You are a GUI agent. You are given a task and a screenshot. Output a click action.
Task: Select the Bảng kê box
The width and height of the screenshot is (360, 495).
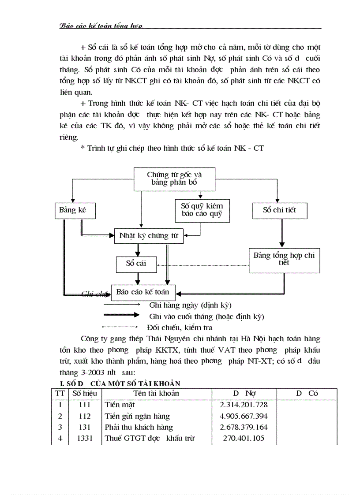point(72,210)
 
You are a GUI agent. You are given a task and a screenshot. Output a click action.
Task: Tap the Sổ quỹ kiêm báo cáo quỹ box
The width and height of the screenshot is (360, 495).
point(202,210)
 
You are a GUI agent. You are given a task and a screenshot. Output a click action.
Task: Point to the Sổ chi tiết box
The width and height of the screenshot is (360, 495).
point(279,210)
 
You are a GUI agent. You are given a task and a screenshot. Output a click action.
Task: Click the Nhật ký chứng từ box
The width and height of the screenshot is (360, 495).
point(149,236)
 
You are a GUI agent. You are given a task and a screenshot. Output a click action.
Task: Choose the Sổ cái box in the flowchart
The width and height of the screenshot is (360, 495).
point(135,264)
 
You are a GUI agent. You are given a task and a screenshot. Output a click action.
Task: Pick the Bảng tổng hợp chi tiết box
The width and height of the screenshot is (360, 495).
point(284,259)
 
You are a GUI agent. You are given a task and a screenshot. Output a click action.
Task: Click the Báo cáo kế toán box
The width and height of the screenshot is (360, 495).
point(143,291)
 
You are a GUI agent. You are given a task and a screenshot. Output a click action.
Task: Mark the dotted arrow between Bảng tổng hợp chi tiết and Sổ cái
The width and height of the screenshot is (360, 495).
point(203,265)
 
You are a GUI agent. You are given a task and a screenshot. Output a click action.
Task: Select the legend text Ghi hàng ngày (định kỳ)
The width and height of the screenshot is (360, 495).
point(190,305)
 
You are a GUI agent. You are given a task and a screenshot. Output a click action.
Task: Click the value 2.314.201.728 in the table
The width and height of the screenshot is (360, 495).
point(244,405)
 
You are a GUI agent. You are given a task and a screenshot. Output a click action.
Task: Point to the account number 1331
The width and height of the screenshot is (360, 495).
point(85,438)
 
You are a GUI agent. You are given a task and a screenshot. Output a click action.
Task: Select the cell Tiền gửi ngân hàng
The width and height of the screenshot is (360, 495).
point(137,416)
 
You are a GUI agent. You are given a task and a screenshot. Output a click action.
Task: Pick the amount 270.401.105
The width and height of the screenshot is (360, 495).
point(244,438)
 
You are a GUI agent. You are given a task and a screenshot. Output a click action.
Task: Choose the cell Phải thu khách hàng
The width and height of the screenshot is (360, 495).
point(139,427)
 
